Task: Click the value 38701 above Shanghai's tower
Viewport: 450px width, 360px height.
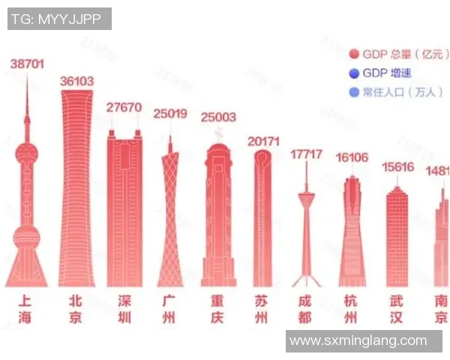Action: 27,64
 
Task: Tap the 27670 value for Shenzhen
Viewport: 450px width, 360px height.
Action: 124,107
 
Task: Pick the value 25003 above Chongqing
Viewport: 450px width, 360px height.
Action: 218,117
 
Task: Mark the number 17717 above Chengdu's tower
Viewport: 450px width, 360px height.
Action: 306,154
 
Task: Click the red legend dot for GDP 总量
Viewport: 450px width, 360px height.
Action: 354,54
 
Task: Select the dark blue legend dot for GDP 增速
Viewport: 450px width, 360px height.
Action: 354,73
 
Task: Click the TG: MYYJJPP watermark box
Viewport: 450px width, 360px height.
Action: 59,19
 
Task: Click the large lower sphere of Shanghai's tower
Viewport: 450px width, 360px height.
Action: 27,238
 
